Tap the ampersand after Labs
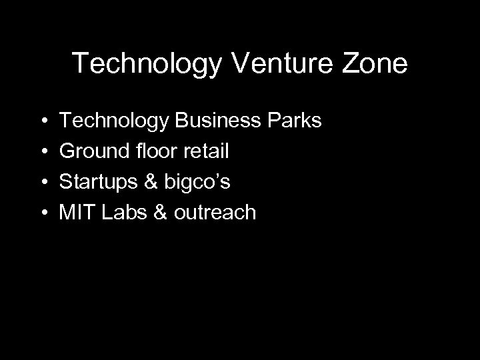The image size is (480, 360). pyautogui.click(x=161, y=213)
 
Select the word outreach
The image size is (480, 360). pyautogui.click(x=215, y=213)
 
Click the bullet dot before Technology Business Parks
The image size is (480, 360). pyautogui.click(x=43, y=123)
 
